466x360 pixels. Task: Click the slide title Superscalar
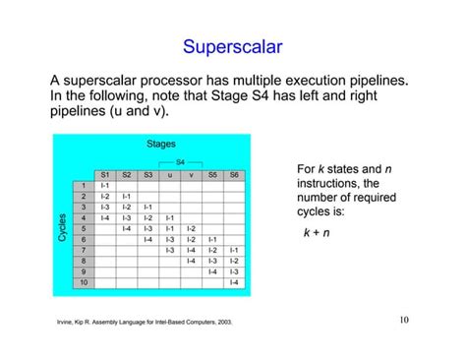(232, 46)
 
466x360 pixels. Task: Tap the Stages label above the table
(160, 145)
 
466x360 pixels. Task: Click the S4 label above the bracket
(181, 161)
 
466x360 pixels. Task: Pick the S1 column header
(105, 174)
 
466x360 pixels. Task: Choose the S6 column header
(234, 174)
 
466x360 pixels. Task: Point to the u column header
(170, 174)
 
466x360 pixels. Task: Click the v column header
(192, 174)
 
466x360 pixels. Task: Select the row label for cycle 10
(83, 282)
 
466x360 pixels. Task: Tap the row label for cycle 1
(84, 185)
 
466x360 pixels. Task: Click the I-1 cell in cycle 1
(105, 185)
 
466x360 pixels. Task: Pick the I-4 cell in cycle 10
(234, 282)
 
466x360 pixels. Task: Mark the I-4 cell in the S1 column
(105, 217)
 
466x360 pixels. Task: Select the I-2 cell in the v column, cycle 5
(192, 228)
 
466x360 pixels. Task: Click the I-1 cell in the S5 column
(213, 239)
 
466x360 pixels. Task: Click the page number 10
(405, 319)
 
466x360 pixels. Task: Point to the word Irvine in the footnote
(56, 323)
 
